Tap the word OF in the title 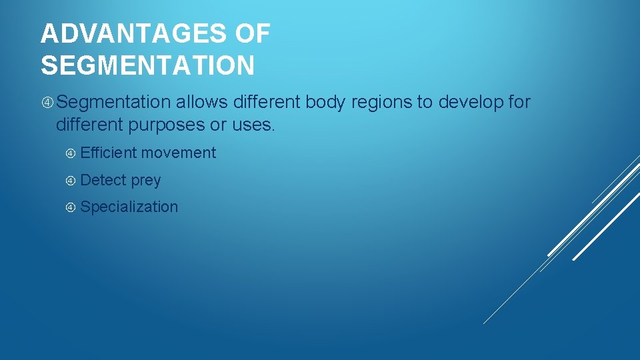click(x=254, y=33)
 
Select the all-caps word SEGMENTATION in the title click(x=147, y=65)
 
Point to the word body click(x=327, y=103)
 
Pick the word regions click(x=381, y=103)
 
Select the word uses click(x=254, y=124)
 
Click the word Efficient click(x=109, y=153)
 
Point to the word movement click(x=179, y=153)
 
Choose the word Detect click(x=103, y=180)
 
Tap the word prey click(x=146, y=181)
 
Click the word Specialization click(x=129, y=207)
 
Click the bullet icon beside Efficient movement click(x=71, y=153)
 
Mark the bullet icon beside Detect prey click(x=71, y=181)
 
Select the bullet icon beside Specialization click(x=71, y=207)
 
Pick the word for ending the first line click(x=519, y=103)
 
